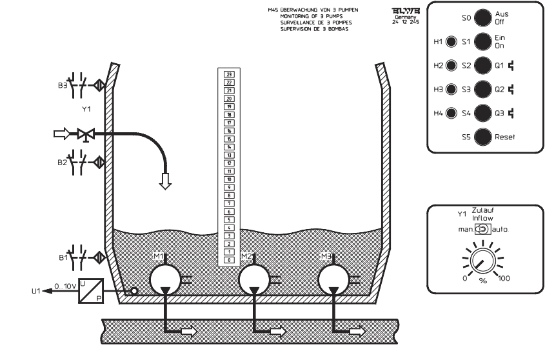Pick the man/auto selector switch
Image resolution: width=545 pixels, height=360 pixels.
pos(480,229)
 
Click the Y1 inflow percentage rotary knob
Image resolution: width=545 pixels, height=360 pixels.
pos(481,261)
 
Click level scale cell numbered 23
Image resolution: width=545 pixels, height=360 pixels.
pos(228,75)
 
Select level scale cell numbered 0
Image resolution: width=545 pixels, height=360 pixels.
pos(228,259)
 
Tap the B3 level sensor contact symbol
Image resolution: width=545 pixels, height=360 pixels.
pos(80,84)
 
